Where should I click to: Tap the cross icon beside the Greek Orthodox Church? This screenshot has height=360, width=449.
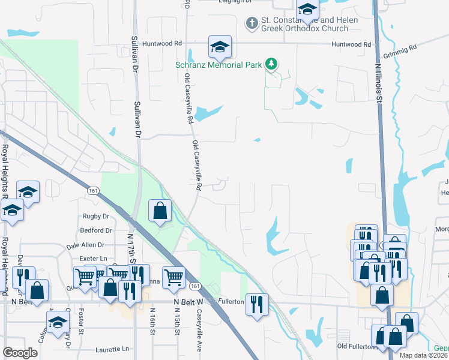point(251,23)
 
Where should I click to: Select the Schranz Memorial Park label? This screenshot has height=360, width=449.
point(218,65)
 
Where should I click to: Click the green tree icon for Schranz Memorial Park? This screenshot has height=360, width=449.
point(272,63)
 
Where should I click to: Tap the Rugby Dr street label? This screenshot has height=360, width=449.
point(94,216)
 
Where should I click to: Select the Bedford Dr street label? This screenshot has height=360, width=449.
point(95,230)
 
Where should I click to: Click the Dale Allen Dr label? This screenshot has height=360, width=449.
point(85,245)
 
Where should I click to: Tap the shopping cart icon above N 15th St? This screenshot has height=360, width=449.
point(173,277)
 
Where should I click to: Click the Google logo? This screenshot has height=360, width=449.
point(20,353)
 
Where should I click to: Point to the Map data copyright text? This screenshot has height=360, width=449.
point(424,355)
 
